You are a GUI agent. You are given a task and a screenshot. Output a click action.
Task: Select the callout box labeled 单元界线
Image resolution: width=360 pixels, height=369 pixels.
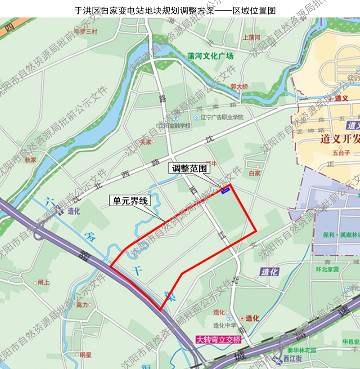(130, 201)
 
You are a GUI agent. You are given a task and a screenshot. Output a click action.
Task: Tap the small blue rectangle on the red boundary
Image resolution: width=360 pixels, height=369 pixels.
(225, 191)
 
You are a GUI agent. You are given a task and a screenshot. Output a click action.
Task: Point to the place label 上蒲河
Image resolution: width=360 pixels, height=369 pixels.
(251, 37)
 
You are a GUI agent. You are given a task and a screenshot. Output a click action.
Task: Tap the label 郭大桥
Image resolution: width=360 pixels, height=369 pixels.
(238, 86)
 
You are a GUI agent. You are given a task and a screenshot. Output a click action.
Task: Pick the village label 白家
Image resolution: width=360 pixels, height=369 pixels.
(254, 173)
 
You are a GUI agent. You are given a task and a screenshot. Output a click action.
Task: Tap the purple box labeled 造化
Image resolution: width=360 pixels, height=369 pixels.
(270, 271)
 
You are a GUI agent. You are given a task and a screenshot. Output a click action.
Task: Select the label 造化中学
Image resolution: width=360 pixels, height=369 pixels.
(225, 326)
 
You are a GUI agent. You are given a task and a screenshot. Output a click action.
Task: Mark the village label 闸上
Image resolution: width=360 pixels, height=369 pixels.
(44, 282)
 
